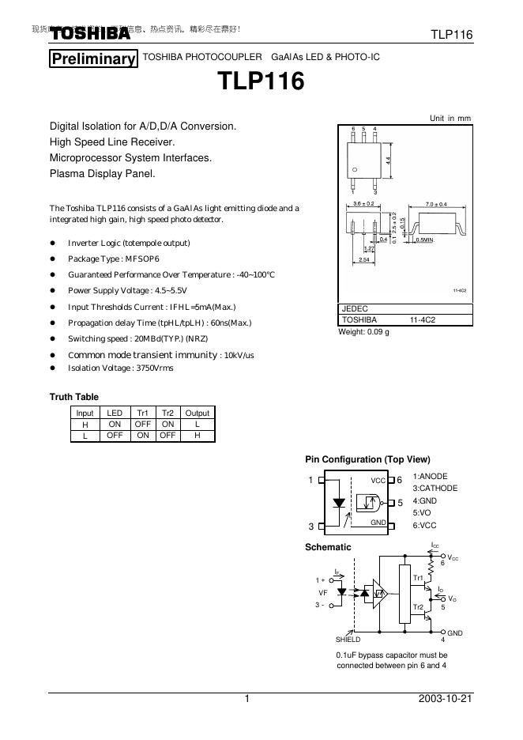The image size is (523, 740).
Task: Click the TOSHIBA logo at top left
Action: tap(90, 34)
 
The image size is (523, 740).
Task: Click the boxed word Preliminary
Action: tap(93, 59)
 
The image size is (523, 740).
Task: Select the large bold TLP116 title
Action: tap(261, 82)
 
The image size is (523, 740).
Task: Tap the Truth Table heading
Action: tap(74, 397)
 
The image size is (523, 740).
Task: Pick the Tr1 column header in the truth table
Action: tap(143, 413)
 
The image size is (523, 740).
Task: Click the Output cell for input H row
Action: tap(197, 424)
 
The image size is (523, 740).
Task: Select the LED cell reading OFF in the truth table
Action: tap(115, 435)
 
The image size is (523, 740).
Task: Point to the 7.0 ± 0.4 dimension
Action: tap(436, 204)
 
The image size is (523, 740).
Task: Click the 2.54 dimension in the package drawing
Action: tap(364, 259)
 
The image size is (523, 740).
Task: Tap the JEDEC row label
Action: tap(355, 308)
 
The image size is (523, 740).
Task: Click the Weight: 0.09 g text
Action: tap(364, 331)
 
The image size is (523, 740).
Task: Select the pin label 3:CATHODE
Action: tap(435, 489)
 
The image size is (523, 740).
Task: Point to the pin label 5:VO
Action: tap(422, 512)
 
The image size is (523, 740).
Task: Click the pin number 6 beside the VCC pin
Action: tap(400, 480)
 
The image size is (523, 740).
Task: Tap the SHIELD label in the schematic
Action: tap(348, 639)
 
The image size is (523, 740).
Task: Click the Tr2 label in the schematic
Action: tap(419, 606)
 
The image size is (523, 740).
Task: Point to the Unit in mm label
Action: tap(450, 118)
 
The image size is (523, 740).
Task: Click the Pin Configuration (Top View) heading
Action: tap(367, 459)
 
